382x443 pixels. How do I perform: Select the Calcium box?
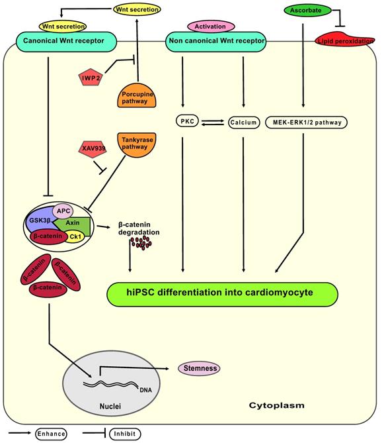pyautogui.click(x=244, y=122)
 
